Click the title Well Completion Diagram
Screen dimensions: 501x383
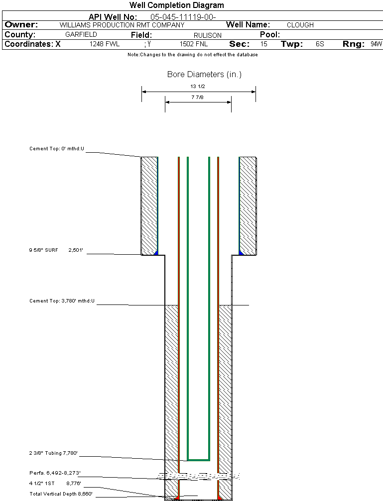[176, 5]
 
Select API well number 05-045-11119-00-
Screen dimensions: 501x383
[183, 17]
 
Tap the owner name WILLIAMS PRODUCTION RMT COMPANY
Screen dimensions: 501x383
[122, 25]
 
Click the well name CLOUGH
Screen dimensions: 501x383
[300, 25]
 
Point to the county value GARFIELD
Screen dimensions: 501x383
[81, 35]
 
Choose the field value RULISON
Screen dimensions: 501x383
[204, 35]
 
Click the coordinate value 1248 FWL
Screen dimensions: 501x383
[105, 44]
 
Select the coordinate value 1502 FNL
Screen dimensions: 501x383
[193, 44]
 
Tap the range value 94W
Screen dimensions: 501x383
[376, 44]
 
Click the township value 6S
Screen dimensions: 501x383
[320, 44]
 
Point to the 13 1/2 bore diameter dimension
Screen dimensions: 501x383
[198, 86]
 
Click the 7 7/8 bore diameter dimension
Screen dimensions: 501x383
[198, 98]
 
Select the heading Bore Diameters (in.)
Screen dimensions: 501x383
[204, 75]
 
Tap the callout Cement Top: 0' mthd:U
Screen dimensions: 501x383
[57, 149]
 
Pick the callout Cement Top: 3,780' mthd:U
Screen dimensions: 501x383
[62, 301]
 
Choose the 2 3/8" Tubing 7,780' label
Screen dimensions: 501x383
[53, 453]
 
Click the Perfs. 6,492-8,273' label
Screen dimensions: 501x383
[55, 473]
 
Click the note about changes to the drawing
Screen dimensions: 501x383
[193, 55]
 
